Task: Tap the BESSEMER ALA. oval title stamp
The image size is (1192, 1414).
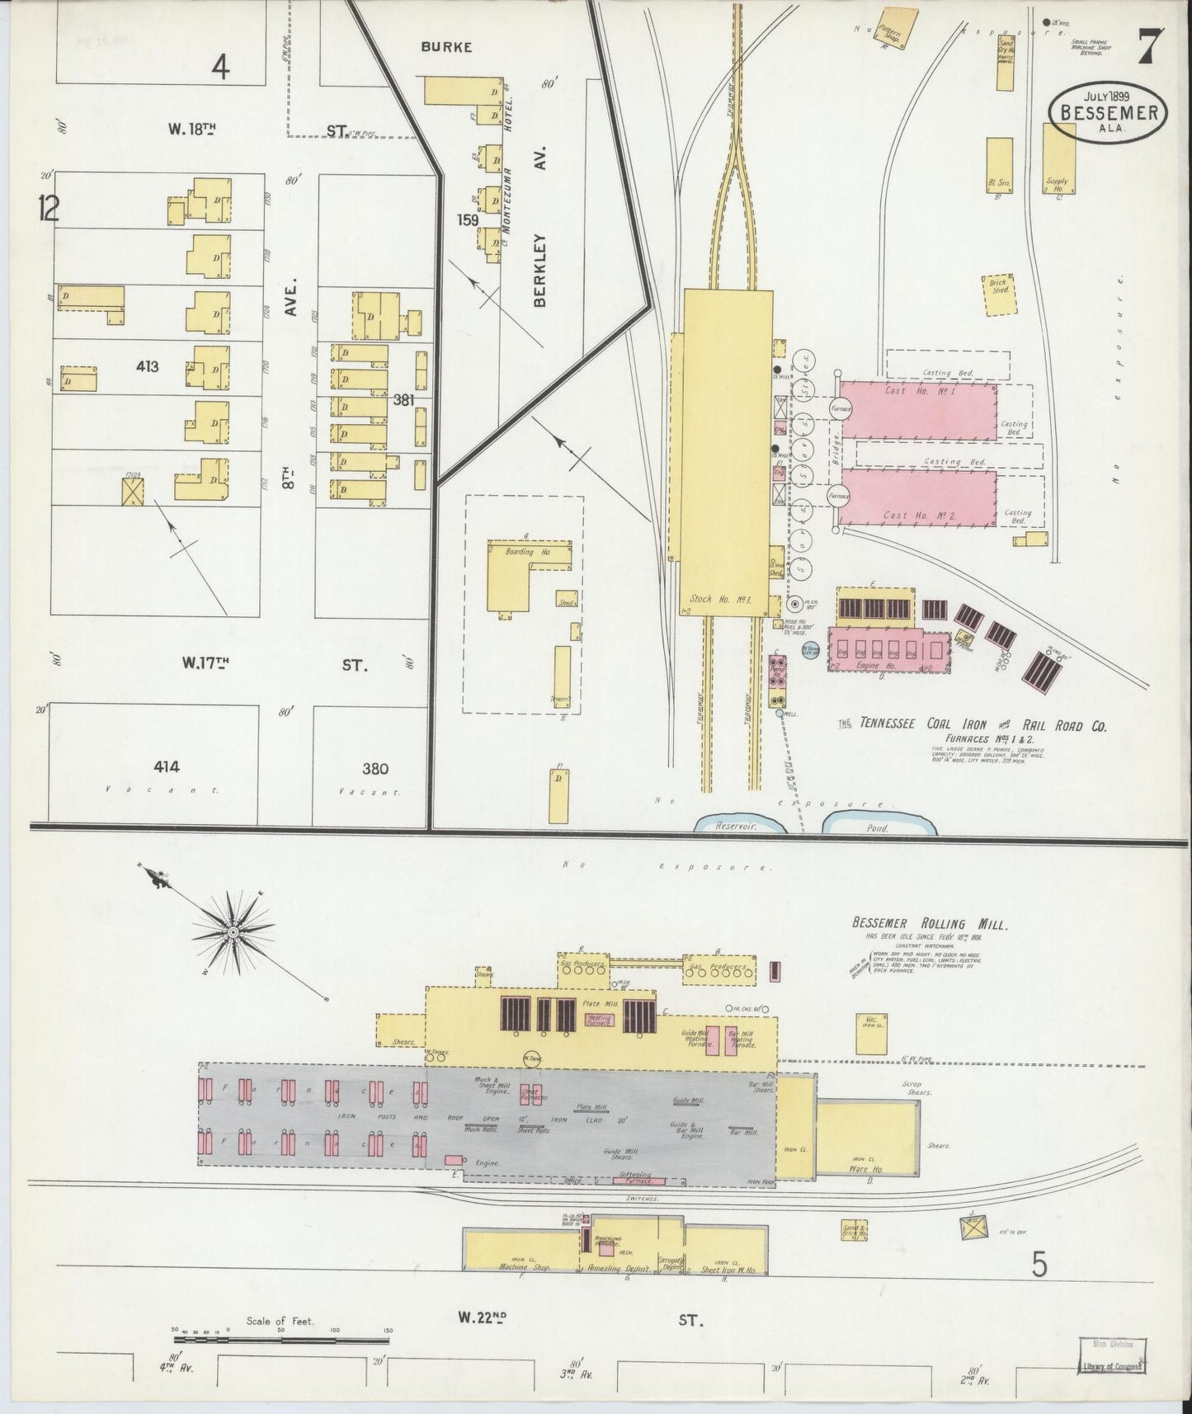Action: pos(1107,115)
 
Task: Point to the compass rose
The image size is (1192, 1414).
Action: pos(233,931)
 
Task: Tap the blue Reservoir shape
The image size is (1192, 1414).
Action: pos(734,824)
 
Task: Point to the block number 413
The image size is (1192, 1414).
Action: pos(148,367)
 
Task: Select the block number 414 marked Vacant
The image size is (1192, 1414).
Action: pos(167,767)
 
